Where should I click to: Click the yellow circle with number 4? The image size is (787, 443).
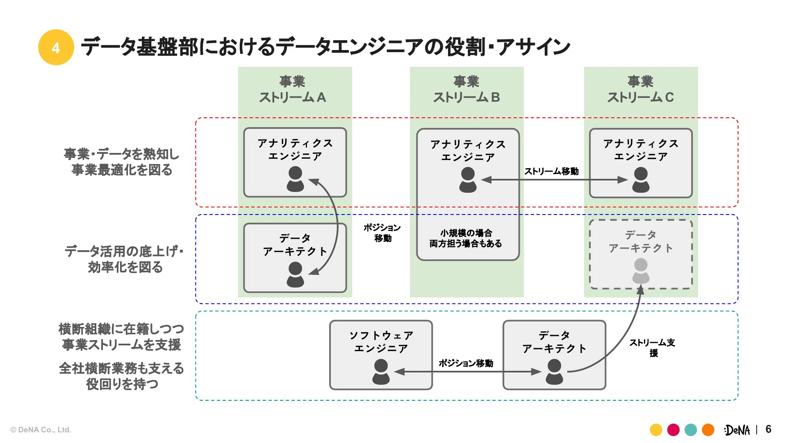56,48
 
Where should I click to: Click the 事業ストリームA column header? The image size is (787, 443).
292,89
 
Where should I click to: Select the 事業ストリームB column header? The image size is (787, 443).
466,89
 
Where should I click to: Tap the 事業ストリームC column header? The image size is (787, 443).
640,89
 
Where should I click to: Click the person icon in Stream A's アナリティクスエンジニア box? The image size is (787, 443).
295,179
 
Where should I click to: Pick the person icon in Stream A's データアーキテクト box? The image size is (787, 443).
295,275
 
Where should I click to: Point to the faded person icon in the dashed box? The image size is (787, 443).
641,271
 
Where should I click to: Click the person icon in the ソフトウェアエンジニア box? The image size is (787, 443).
381,372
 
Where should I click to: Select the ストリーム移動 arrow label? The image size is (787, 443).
551,171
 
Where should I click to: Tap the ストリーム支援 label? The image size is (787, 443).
653,347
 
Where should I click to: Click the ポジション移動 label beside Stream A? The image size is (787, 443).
382,233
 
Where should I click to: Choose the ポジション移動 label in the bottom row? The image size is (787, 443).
466,363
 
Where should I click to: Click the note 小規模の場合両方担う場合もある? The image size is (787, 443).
466,238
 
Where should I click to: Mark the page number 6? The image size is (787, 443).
768,429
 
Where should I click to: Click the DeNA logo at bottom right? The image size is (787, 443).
737,430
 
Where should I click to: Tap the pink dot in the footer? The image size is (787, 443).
673,430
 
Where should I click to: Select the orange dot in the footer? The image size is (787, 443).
708,430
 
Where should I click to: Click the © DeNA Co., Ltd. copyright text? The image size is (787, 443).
41,430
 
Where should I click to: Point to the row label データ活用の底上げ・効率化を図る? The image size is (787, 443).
124,259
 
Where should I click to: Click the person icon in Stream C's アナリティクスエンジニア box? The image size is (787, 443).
641,180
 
